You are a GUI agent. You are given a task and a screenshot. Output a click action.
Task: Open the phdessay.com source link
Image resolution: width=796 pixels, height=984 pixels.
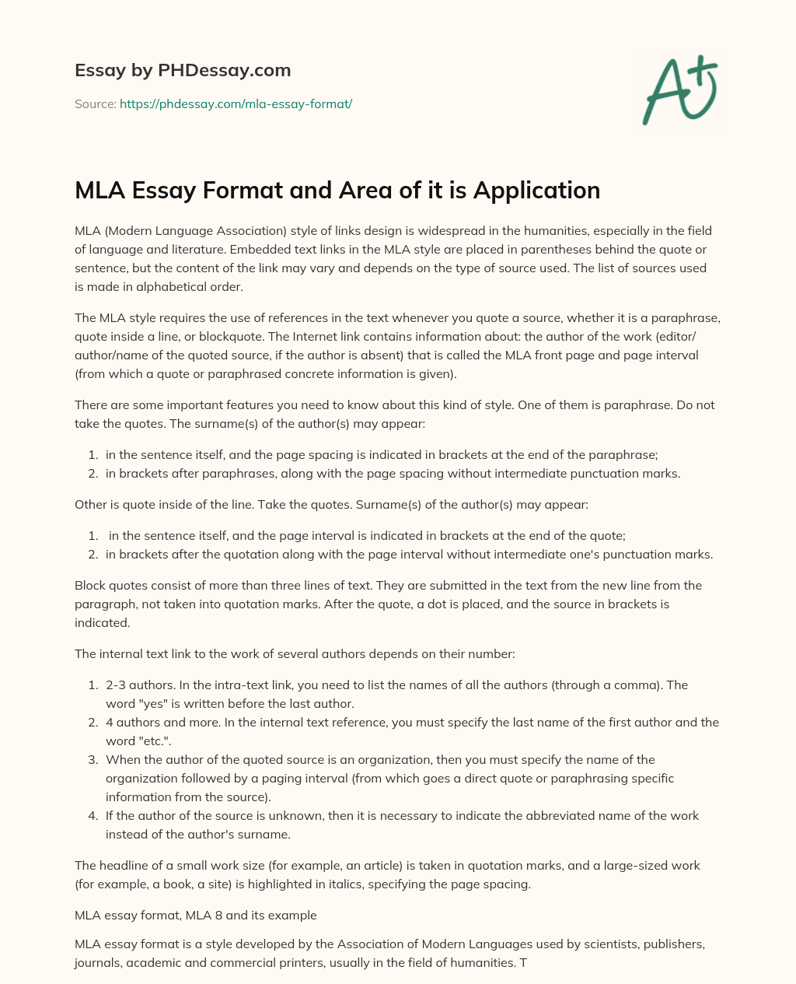(236, 103)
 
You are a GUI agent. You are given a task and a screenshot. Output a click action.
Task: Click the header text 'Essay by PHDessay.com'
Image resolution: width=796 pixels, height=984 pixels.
(183, 70)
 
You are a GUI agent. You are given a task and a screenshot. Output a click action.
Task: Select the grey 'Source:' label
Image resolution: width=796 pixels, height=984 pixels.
(95, 103)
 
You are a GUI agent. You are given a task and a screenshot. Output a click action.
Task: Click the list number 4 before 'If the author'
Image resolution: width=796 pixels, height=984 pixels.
(92, 815)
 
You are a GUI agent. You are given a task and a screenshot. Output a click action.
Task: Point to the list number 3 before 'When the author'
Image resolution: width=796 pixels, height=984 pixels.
(92, 759)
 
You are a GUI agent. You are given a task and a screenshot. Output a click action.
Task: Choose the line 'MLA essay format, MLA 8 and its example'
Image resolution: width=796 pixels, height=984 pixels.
(195, 915)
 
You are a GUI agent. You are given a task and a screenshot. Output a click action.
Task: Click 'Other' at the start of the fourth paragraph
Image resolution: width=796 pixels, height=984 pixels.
(90, 504)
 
